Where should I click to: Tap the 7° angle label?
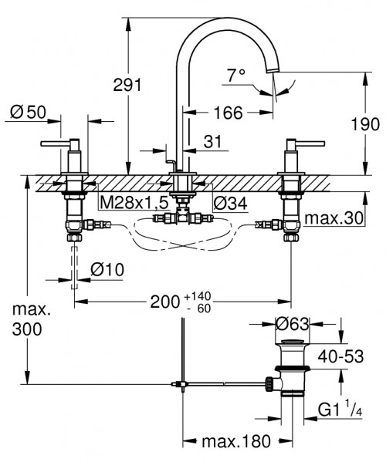click(235, 75)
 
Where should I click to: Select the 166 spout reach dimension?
click(229, 113)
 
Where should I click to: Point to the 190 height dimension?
click(364, 123)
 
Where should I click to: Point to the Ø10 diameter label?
click(107, 270)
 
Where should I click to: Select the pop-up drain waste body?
click(293, 370)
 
